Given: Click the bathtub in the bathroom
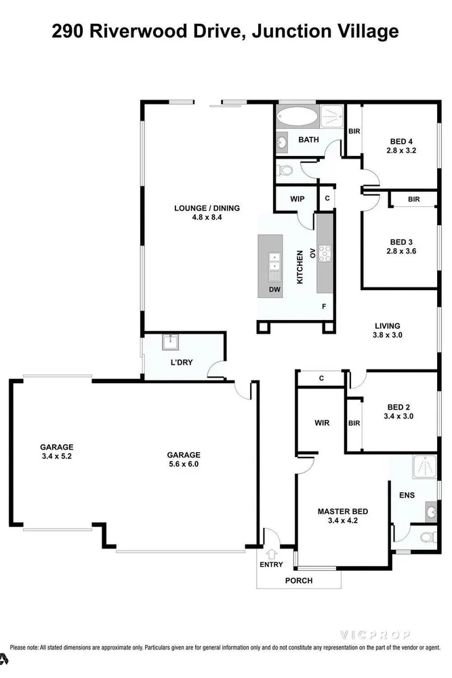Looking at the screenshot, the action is (x=297, y=117).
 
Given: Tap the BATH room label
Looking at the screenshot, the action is (x=308, y=140).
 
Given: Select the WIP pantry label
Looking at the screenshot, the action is (x=297, y=199).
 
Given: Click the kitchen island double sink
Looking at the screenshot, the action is (x=274, y=262).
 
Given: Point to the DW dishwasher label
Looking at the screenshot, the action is (x=274, y=290).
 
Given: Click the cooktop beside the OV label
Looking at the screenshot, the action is (x=325, y=254).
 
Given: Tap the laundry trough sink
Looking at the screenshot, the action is (x=171, y=342).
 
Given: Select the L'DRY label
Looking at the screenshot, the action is (x=182, y=362).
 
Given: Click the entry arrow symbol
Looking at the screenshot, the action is (x=271, y=553).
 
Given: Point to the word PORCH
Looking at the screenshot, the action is (x=299, y=581).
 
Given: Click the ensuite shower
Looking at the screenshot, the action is (x=425, y=467).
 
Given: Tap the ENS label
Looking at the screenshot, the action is (x=407, y=495).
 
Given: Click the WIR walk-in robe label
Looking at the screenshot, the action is (x=322, y=423).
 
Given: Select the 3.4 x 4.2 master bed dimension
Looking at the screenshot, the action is (x=343, y=521).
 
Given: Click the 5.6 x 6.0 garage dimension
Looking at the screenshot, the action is (x=184, y=464).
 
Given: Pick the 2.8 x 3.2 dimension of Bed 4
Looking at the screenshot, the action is (x=401, y=151).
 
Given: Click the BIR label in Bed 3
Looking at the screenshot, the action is (x=413, y=199).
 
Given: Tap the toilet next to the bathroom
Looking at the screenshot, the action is (x=284, y=171).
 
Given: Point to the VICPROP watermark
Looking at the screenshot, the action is (x=374, y=635).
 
